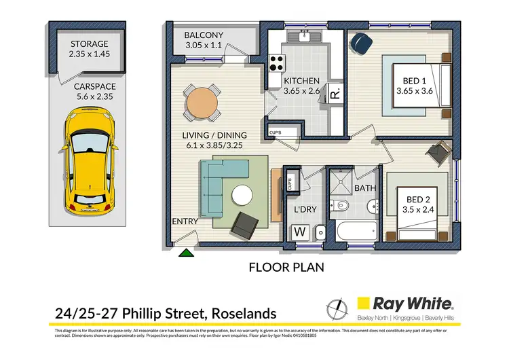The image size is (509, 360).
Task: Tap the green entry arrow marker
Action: [185, 254]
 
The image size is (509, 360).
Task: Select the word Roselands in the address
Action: [244, 313]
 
